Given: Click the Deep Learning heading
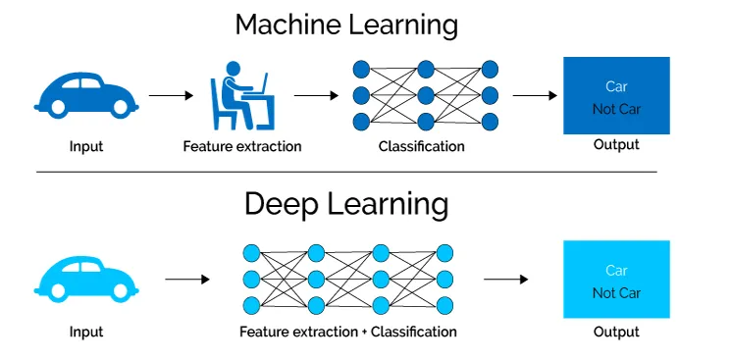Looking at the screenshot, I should tap(345, 204).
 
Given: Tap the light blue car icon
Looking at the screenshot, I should tap(86, 278).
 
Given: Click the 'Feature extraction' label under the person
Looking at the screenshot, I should tap(242, 147).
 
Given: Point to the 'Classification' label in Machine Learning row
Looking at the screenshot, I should tap(421, 147).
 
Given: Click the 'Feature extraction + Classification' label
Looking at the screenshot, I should tap(348, 332).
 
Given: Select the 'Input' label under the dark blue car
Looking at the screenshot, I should tap(86, 147).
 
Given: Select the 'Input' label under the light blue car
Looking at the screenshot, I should tap(86, 332).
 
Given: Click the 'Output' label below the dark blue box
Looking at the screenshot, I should tap(616, 145).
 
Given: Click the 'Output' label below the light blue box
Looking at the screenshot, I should tap(616, 332).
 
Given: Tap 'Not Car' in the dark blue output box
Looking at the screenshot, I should tap(616, 109).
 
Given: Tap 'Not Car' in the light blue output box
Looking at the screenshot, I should tap(616, 292).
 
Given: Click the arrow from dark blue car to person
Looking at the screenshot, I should tap(171, 96).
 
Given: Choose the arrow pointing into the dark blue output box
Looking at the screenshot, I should tap(535, 96).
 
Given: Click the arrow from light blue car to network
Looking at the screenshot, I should tap(186, 280).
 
